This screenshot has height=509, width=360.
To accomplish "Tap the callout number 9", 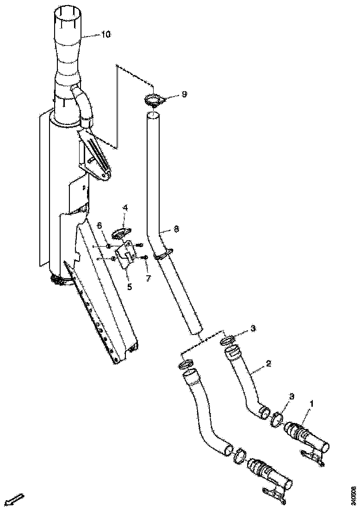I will click(x=184, y=94).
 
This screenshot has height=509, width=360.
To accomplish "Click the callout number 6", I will click(x=99, y=225).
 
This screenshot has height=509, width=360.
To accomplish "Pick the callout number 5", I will click(x=130, y=286).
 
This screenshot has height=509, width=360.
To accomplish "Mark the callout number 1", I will click(x=311, y=403).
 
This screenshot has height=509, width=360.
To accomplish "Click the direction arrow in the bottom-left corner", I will click(x=16, y=500).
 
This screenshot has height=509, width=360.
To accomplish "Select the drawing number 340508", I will click(x=354, y=495).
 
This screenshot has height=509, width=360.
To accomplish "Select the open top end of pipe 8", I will click(x=153, y=115).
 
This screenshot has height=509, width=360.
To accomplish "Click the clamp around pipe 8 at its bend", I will click(x=163, y=254).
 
